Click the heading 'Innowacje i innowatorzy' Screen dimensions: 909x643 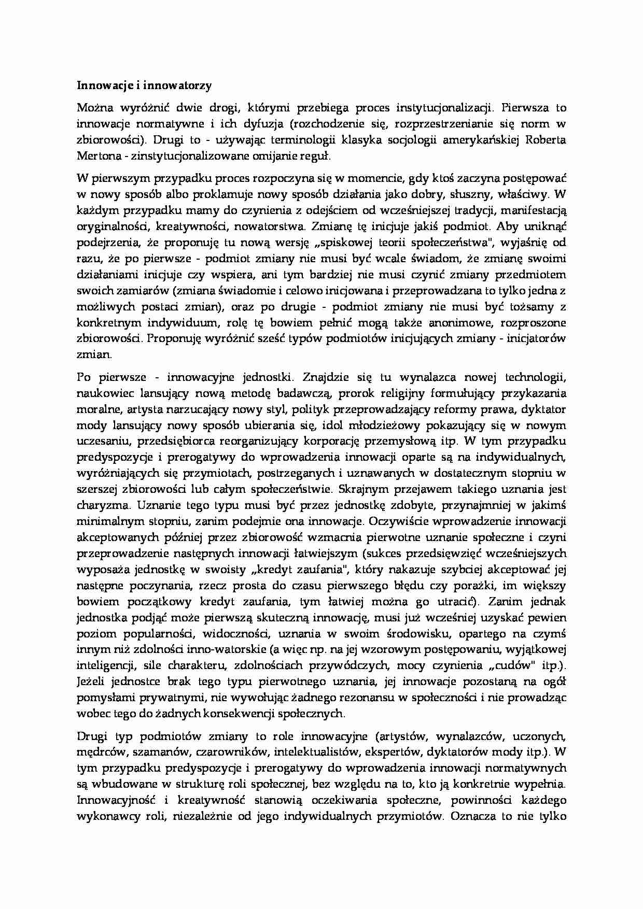click(x=144, y=86)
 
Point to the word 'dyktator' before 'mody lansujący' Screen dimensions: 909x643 click(x=543, y=409)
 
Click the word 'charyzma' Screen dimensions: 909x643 click(x=97, y=505)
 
